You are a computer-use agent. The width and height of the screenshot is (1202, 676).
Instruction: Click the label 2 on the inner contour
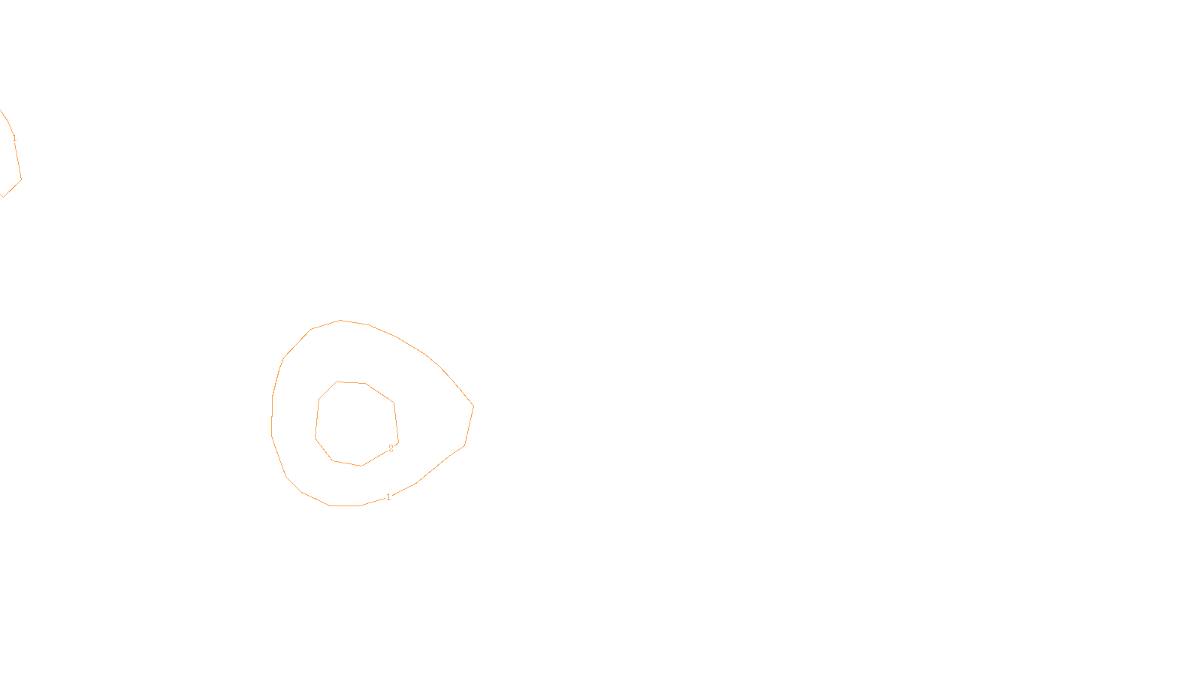391,448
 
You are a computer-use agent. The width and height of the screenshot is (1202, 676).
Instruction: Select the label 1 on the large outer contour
388,497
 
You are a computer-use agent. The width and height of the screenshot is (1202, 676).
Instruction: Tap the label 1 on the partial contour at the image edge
14,138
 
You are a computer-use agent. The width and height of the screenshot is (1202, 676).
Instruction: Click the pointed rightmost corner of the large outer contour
473,407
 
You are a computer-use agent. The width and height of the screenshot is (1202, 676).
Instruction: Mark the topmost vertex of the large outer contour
340,320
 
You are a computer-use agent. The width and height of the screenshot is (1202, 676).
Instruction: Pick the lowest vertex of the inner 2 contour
361,466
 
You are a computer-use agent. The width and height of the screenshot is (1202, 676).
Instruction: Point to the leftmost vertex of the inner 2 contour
316,436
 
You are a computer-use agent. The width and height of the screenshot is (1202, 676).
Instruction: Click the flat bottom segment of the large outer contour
346,505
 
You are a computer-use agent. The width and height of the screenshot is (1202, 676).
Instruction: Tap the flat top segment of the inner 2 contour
352,382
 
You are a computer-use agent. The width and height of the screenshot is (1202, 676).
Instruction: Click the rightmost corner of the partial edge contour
21,180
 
